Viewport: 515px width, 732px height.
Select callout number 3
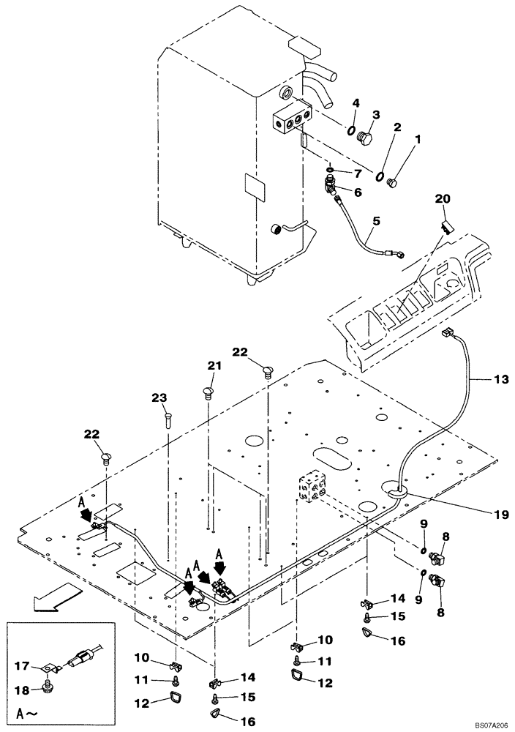click(376, 114)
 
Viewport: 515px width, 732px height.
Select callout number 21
click(213, 365)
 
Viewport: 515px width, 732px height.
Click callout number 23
click(159, 398)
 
